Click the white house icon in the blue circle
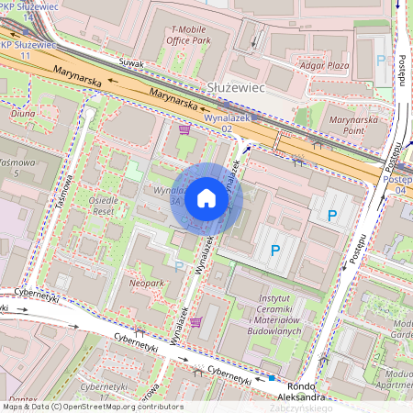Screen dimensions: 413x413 coord(206,198)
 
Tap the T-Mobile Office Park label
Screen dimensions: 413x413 coord(199,35)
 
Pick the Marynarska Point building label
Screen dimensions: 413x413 coord(353,125)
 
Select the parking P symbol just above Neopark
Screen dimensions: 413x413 coord(179,266)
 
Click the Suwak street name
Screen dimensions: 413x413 coord(131,62)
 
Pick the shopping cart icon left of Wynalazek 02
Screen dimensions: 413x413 coord(184,130)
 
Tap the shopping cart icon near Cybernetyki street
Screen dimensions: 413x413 coord(195,322)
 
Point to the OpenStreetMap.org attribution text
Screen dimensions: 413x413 coord(111,407)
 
